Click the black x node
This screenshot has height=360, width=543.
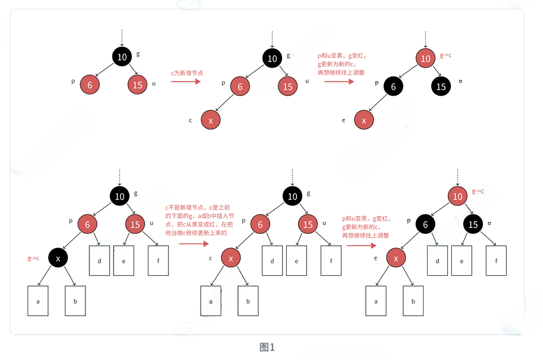pyautogui.click(x=58, y=258)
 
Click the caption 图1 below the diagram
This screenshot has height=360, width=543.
pyautogui.click(x=267, y=347)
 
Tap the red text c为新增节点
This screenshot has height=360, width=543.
pyautogui.click(x=187, y=73)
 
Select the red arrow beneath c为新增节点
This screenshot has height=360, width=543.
pyautogui.click(x=186, y=82)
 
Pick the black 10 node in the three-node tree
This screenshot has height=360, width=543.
pyautogui.click(x=122, y=56)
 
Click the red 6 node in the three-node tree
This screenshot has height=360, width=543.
pyautogui.click(x=89, y=85)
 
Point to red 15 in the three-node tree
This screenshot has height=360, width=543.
pyautogui.click(x=138, y=85)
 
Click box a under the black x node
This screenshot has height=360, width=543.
pyautogui.click(x=38, y=301)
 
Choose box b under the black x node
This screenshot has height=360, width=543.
pyautogui.click(x=75, y=301)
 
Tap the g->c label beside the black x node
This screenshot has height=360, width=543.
pyautogui.click(x=33, y=258)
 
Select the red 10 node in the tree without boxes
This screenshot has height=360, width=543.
pyautogui.click(x=425, y=58)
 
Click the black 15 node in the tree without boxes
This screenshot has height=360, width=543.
pyautogui.click(x=441, y=87)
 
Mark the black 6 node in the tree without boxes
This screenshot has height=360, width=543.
pyautogui.click(x=393, y=87)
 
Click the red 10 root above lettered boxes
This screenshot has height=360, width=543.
pyautogui.click(x=458, y=196)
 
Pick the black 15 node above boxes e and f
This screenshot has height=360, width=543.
pyautogui.click(x=473, y=224)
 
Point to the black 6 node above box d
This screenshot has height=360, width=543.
pyautogui.click(x=425, y=224)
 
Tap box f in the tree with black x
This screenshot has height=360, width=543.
pyautogui.click(x=158, y=261)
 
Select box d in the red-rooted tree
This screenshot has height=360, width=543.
pyautogui.click(x=437, y=261)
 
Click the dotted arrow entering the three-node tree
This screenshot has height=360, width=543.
pyautogui.click(x=122, y=38)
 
